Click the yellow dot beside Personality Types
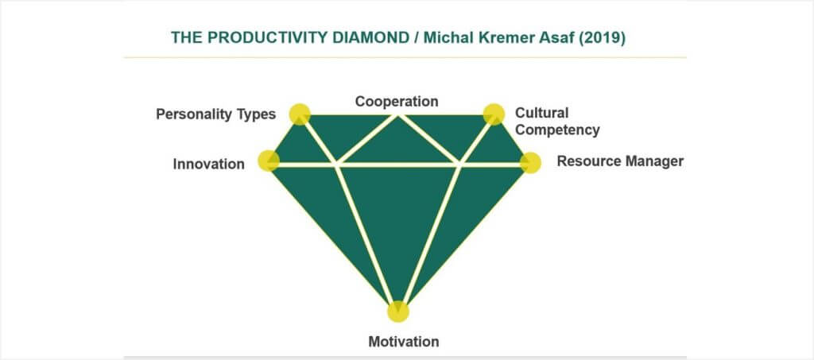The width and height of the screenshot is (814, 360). click(x=300, y=114)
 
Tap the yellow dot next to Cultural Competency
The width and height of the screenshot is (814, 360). click(x=494, y=114)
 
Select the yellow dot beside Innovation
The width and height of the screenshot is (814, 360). click(x=269, y=161)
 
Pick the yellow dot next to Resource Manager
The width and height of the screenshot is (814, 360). click(x=530, y=163)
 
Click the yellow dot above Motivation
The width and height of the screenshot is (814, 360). click(x=398, y=312)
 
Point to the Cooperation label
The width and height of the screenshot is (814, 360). click(x=397, y=101)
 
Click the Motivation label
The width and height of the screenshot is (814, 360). click(x=404, y=342)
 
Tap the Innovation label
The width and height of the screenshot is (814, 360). click(x=209, y=164)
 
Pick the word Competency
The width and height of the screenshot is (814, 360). click(x=557, y=130)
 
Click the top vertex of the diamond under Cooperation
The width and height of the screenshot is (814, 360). click(x=397, y=115)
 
